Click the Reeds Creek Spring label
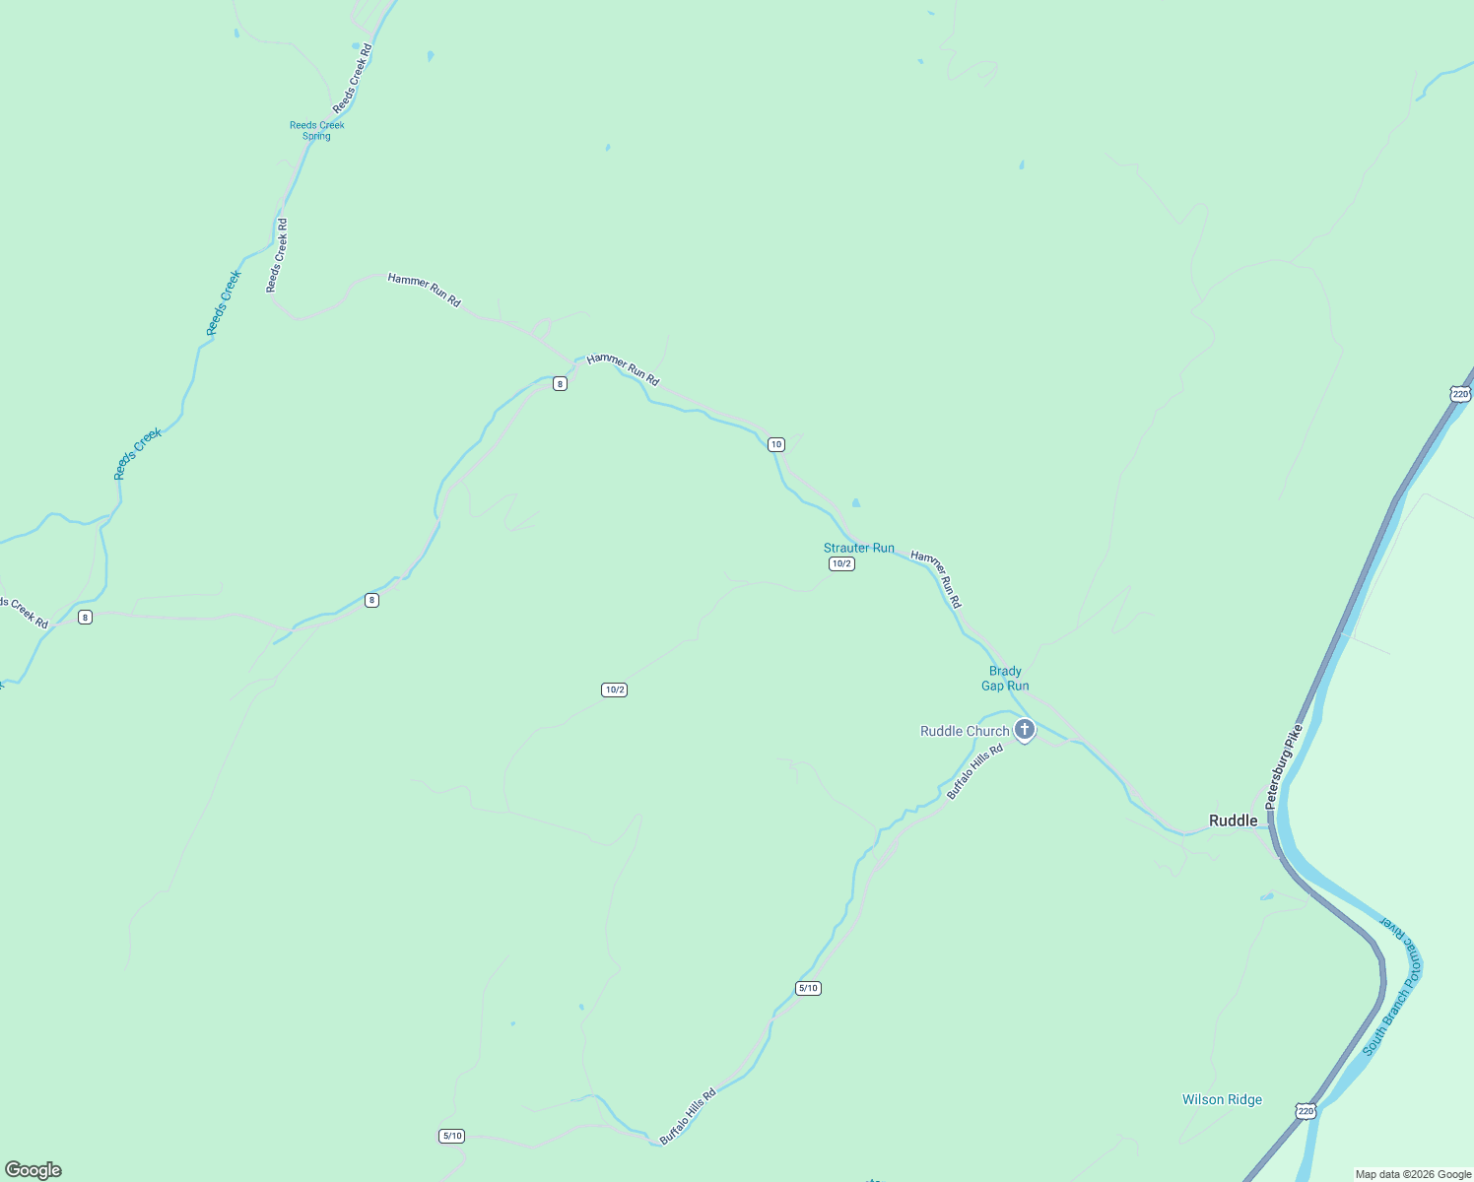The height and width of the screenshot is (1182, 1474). (x=317, y=130)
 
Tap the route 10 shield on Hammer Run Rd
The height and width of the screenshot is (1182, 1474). (x=776, y=444)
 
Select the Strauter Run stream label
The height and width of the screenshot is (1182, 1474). (x=859, y=548)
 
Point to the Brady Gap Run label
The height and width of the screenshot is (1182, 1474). (x=1005, y=679)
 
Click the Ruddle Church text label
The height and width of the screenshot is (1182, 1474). (x=965, y=731)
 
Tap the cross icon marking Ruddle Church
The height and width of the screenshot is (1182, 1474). (x=1025, y=730)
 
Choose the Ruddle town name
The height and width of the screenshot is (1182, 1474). (x=1234, y=821)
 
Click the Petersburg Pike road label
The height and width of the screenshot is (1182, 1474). (x=1285, y=766)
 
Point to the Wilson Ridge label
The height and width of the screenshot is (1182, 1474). (x=1222, y=1099)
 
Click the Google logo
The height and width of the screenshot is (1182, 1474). (x=33, y=1170)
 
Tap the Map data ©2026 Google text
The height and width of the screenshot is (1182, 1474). (x=1413, y=1174)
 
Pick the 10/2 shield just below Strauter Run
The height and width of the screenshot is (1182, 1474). (x=841, y=563)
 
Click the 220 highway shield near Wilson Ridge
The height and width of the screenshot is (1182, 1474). (x=1306, y=1111)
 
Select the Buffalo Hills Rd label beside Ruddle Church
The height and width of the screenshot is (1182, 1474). (x=974, y=771)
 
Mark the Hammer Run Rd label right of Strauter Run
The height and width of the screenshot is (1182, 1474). (x=936, y=578)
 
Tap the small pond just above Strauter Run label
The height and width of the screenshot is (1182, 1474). (x=855, y=503)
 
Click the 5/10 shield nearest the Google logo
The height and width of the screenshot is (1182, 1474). (x=451, y=1136)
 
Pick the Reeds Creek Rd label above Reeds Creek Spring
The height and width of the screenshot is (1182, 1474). (x=353, y=78)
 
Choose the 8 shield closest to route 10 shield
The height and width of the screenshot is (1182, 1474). (x=560, y=383)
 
